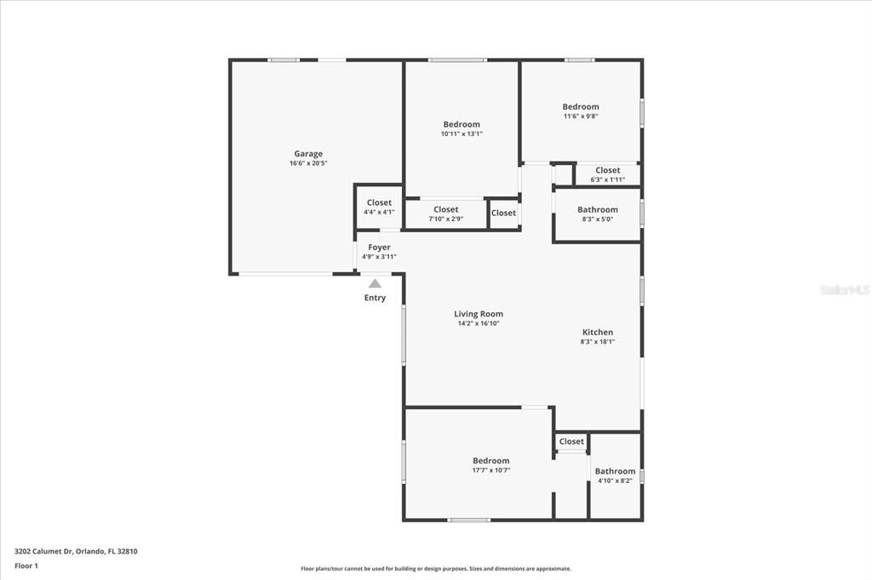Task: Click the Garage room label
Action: (x=308, y=154)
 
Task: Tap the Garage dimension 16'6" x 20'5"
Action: (x=308, y=163)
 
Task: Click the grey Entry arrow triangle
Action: (x=375, y=283)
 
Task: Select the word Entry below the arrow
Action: (x=375, y=298)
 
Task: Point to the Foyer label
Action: (x=379, y=247)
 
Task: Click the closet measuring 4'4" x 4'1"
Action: (x=379, y=208)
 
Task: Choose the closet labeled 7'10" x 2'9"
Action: (x=445, y=213)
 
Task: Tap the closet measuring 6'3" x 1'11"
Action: (x=607, y=174)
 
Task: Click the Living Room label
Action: (x=478, y=314)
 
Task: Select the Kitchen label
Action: (x=597, y=333)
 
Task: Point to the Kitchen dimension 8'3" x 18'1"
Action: (x=597, y=342)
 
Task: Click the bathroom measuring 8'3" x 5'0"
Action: (x=597, y=213)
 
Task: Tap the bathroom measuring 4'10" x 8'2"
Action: (x=615, y=475)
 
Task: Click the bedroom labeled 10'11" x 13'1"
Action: (x=461, y=128)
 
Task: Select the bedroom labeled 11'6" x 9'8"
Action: (x=580, y=111)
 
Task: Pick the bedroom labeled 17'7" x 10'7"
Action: (x=491, y=465)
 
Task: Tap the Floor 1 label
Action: (x=26, y=565)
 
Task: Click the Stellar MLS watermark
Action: (x=844, y=290)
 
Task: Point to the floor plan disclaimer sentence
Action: (x=435, y=569)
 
